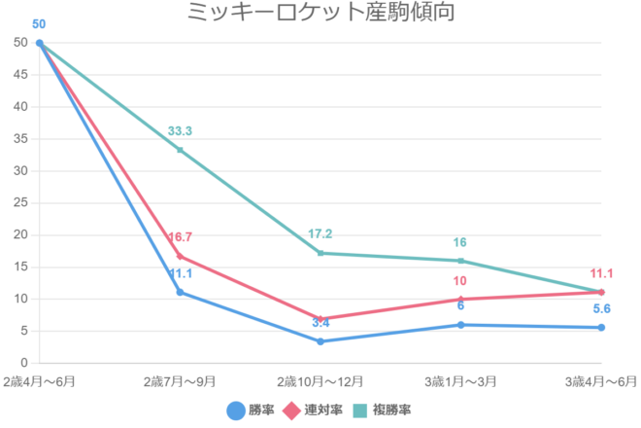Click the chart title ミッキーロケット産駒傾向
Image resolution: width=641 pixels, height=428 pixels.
coord(320,13)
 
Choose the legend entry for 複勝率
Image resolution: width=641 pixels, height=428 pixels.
coord(383,410)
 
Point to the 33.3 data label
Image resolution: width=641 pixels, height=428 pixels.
coord(180,131)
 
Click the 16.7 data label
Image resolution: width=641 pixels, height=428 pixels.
coord(180,237)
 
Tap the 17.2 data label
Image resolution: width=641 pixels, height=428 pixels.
coord(320,234)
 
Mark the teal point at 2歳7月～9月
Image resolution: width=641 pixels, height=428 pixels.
coord(180,150)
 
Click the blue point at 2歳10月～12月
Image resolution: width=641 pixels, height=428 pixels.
coord(320,341)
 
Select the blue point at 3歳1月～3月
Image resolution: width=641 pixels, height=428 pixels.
coord(461,325)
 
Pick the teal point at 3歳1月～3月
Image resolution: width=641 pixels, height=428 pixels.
coord(461,261)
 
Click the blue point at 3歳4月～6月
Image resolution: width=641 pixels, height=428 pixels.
coord(601,328)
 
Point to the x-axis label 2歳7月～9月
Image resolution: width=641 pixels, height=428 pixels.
coord(180,379)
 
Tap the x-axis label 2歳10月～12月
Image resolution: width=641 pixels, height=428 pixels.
coord(320,379)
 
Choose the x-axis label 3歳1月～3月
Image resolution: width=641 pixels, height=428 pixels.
coord(461,379)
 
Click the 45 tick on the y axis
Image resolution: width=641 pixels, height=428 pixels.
coord(20,75)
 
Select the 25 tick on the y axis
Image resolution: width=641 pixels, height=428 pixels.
coord(20,203)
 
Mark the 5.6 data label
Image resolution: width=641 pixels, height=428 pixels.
coord(601,309)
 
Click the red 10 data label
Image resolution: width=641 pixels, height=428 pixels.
coord(461,282)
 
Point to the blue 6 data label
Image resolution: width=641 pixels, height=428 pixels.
coord(461,306)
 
